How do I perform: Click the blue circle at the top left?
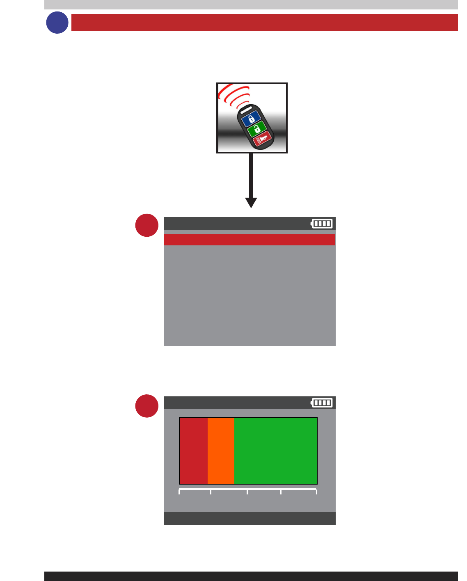pyautogui.click(x=57, y=23)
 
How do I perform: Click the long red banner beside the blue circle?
pyautogui.click(x=264, y=23)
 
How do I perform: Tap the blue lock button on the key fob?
pyautogui.click(x=251, y=119)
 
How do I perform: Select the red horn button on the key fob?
pyautogui.click(x=262, y=140)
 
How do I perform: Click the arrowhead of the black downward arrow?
pyautogui.click(x=251, y=203)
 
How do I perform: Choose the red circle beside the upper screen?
pyautogui.click(x=147, y=225)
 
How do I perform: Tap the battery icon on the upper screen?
pyautogui.click(x=322, y=224)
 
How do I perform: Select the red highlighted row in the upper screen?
pyautogui.click(x=250, y=240)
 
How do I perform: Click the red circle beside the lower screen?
pyautogui.click(x=147, y=406)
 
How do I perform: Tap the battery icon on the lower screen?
pyautogui.click(x=322, y=403)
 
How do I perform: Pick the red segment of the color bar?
pyautogui.click(x=194, y=451)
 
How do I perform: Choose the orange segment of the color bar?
pyautogui.click(x=221, y=451)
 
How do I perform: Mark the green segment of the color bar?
pyautogui.click(x=275, y=451)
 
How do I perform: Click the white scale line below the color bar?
pyautogui.click(x=248, y=490)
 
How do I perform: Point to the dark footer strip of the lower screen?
pyautogui.click(x=250, y=518)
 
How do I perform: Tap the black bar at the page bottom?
pyautogui.click(x=251, y=576)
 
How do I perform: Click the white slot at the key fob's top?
pyautogui.click(x=245, y=110)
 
